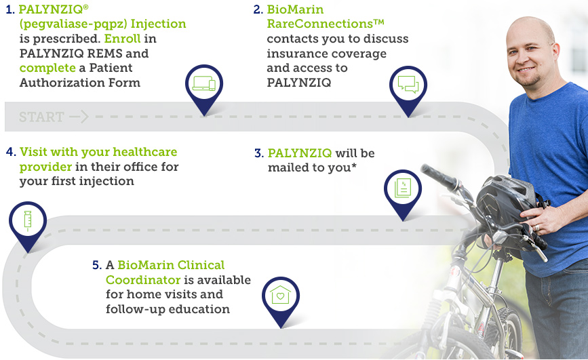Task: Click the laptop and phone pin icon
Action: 204,84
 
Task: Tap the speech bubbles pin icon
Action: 408,86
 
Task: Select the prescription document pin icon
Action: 403,189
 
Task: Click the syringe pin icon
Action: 28,221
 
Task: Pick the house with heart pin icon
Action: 281,296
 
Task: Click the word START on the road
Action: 41,117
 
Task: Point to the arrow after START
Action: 79,117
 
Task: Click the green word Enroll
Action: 122,39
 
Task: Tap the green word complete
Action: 47,68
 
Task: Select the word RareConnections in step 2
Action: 320,24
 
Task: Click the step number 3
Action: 259,153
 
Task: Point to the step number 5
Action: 96,265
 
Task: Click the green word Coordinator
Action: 143,280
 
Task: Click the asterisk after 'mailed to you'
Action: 354,165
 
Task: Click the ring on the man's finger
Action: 537,227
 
